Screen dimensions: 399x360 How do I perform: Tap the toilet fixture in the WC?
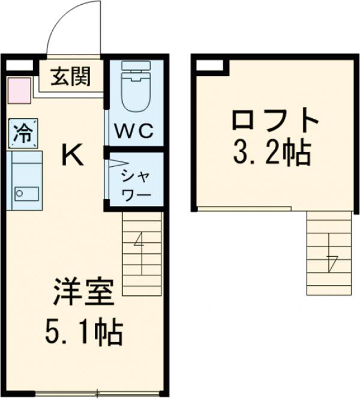(x=136, y=88)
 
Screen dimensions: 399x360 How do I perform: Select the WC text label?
(x=136, y=130)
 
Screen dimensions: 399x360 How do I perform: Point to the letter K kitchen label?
(x=73, y=157)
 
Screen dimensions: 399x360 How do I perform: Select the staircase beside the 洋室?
(x=142, y=253)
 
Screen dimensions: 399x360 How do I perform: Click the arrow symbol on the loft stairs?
(x=331, y=262)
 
